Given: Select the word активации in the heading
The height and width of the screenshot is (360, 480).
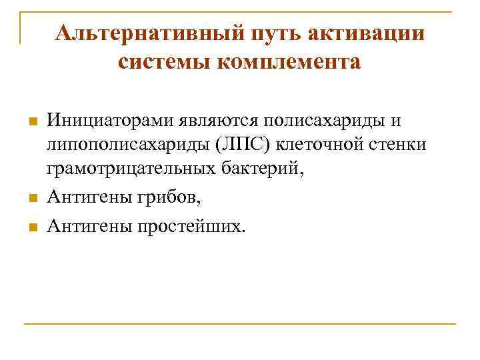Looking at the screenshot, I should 362,33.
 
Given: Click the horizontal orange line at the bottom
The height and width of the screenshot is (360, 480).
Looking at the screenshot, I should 240,324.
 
